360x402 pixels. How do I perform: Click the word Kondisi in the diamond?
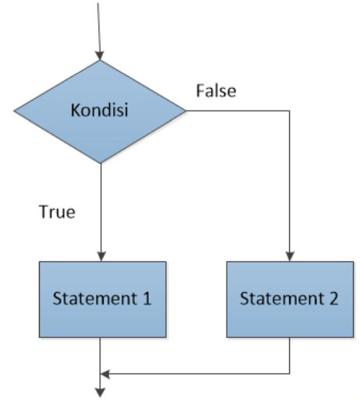click(99, 110)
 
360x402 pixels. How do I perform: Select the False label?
click(216, 91)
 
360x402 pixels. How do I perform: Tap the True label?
click(57, 212)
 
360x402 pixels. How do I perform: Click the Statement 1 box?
click(103, 299)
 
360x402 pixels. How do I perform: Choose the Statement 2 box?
click(290, 299)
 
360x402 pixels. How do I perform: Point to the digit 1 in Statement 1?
click(147, 298)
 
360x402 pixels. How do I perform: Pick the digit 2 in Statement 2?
click(334, 298)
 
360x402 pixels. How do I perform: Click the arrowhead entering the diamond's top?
click(100, 55)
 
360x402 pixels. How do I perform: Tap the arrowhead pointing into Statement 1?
click(101, 256)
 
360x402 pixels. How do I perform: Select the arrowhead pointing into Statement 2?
click(290, 256)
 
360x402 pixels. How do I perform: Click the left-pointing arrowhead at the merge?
click(105, 374)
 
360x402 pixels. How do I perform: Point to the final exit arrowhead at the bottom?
click(101, 393)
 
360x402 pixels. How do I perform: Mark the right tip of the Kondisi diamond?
click(185, 111)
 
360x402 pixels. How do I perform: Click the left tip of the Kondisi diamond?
click(14, 111)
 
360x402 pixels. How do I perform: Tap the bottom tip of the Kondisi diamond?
click(101, 164)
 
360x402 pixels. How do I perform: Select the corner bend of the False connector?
click(290, 111)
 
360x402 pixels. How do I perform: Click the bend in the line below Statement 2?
click(290, 374)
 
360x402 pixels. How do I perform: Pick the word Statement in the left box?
click(95, 298)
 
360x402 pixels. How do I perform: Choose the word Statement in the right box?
click(282, 298)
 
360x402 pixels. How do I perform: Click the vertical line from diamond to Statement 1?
click(101, 213)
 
